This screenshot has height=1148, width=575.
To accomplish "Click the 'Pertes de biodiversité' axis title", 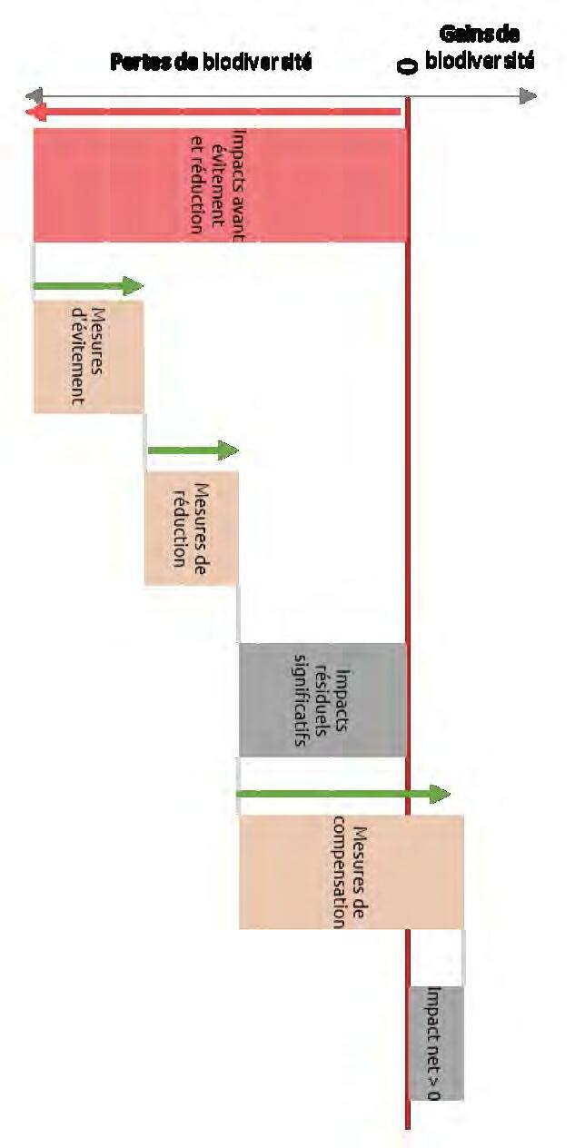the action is [211, 63].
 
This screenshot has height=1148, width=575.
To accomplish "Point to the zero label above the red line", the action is [408, 66].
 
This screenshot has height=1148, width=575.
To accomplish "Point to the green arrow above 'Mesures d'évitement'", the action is [88, 287].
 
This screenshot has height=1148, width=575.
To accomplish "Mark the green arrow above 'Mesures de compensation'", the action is [343, 795].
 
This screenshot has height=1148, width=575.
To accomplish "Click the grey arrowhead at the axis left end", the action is [33, 95].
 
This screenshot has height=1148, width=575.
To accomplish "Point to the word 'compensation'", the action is [339, 872].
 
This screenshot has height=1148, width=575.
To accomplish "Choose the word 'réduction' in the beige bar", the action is [179, 528].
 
